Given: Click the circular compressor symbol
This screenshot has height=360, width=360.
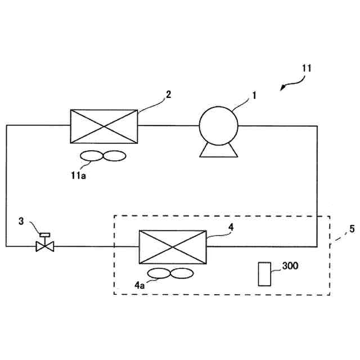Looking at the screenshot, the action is pos(218,125).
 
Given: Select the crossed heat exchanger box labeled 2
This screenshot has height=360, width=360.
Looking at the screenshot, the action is pos(103,127).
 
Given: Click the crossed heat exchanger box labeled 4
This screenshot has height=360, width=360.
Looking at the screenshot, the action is pos(172,246).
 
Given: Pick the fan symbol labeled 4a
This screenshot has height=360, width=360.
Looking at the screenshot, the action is pos(170,274).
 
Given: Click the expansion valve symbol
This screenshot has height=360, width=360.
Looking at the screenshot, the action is pos(44,246).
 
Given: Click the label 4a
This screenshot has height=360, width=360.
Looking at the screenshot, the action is pos(139,285).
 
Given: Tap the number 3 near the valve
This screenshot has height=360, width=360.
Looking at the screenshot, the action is pos(21,221).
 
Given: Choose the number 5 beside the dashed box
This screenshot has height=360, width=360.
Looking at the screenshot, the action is pos(352,229).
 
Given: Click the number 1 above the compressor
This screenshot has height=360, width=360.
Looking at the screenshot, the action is pos(254,95).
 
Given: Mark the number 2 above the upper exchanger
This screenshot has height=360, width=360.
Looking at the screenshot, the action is pos(168,94).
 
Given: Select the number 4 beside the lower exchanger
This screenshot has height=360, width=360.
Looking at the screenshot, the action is pos(231,227).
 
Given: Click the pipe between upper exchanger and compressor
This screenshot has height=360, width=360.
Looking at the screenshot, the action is pos(168,125).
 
